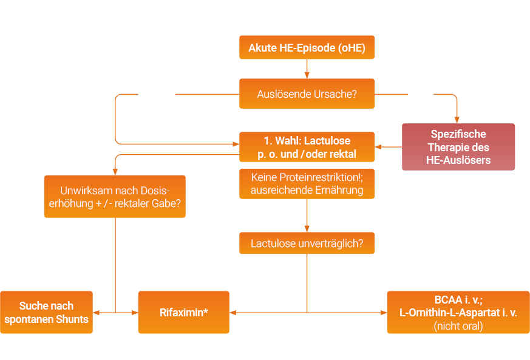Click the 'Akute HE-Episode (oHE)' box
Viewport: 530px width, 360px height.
pos(307,47)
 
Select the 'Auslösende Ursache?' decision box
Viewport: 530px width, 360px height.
pos(307,93)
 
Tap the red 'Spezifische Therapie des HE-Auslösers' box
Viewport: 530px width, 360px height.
pos(458,147)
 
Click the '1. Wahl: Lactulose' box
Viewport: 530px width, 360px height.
pos(307,146)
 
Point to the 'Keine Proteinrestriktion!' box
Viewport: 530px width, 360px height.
pos(307,183)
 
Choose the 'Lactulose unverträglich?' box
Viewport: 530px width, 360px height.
pos(307,243)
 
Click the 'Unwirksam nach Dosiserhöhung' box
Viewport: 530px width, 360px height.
pos(115,196)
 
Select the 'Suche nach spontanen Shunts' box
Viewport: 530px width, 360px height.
pos(47,312)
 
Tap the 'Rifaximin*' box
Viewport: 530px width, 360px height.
pos(183,313)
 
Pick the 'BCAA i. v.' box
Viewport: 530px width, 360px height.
pos(458,312)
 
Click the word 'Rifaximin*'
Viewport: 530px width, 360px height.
pos(183,313)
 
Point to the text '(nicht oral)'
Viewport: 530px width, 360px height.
pos(458,326)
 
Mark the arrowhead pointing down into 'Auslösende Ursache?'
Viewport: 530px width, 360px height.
pos(307,75)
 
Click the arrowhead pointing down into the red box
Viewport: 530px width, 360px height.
pos(457,120)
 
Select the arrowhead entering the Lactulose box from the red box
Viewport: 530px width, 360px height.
pos(378,146)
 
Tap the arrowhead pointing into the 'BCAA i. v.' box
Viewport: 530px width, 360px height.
pos(383,313)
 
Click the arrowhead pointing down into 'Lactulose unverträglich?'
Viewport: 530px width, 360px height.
pos(307,228)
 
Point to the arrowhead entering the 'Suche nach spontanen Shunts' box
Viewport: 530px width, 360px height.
pos(97,313)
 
